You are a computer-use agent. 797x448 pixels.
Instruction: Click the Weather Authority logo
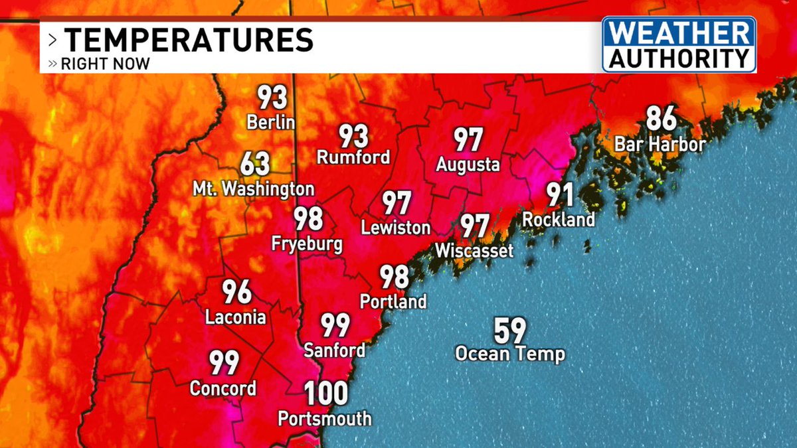pyautogui.click(x=679, y=44)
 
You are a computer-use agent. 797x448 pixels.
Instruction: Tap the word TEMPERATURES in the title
pyautogui.click(x=189, y=40)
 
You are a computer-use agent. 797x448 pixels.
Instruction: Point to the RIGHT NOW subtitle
pyautogui.click(x=105, y=64)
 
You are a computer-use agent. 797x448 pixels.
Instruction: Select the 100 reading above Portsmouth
pyautogui.click(x=326, y=394)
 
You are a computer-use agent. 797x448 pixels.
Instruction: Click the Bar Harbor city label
pyautogui.click(x=660, y=144)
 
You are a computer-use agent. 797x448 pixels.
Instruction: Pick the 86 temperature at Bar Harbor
pyautogui.click(x=661, y=120)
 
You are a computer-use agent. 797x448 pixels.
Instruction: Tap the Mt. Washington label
pyautogui.click(x=253, y=189)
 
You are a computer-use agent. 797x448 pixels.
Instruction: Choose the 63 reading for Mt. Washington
pyautogui.click(x=255, y=163)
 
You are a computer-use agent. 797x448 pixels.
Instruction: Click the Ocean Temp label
pyautogui.click(x=509, y=354)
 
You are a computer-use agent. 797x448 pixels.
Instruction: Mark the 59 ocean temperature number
pyautogui.click(x=509, y=330)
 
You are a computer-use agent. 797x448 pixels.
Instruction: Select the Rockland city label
pyautogui.click(x=559, y=219)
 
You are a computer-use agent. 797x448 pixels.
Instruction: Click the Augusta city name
pyautogui.click(x=468, y=164)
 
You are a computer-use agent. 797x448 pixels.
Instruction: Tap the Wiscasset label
pyautogui.click(x=474, y=251)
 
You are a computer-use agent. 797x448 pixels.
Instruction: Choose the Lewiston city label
pyautogui.click(x=396, y=228)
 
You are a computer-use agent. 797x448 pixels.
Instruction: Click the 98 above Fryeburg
pyautogui.click(x=308, y=219)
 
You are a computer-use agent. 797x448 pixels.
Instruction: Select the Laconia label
pyautogui.click(x=236, y=317)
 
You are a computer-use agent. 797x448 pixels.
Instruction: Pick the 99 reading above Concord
pyautogui.click(x=224, y=363)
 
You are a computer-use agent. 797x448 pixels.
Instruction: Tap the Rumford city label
pyautogui.click(x=353, y=158)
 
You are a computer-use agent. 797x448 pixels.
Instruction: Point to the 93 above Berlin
pyautogui.click(x=272, y=98)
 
